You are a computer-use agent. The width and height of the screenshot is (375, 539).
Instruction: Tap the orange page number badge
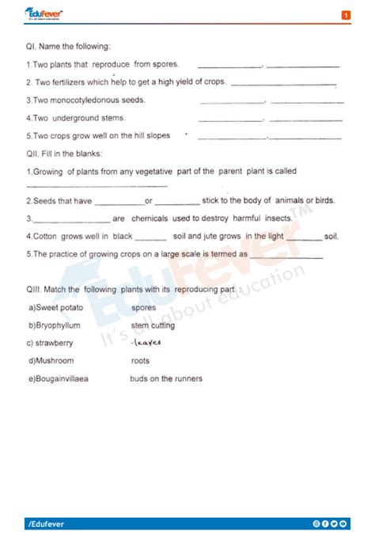pos(346,15)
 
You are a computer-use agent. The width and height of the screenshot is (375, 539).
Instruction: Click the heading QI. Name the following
pos(68,47)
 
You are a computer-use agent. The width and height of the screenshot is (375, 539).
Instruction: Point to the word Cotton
pos(44,236)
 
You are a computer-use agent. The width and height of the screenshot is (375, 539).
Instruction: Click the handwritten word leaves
pos(146,343)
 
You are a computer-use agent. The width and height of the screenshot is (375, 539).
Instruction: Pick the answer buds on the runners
pos(165,378)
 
